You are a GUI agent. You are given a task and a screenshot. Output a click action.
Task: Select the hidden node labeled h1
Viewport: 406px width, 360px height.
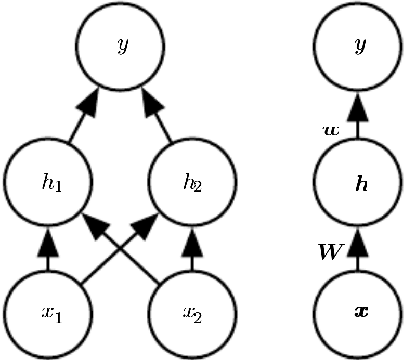(44, 182)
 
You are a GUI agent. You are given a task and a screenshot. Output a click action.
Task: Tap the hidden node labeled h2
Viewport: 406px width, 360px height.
(188, 182)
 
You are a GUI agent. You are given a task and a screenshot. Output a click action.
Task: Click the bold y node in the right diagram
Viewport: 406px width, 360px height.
(356, 45)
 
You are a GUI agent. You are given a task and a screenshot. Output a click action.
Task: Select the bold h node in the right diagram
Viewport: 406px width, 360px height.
(356, 182)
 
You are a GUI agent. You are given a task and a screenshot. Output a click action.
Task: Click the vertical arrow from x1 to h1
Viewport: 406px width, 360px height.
(44, 250)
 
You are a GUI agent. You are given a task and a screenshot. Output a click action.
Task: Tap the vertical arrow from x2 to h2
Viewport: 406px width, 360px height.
(190, 250)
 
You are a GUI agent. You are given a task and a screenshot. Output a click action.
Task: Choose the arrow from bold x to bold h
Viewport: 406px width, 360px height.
(356, 250)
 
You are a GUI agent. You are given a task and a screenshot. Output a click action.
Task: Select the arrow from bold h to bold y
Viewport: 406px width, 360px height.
(356, 114)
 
